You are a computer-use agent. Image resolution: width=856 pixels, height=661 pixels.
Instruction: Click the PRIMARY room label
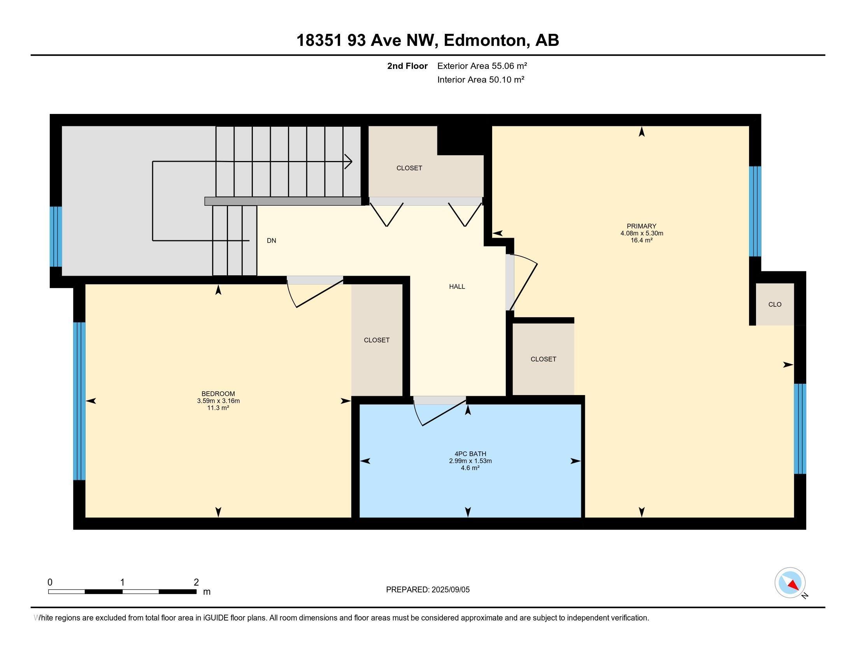pyautogui.click(x=641, y=226)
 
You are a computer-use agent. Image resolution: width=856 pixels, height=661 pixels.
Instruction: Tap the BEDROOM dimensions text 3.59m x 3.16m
pyautogui.click(x=218, y=400)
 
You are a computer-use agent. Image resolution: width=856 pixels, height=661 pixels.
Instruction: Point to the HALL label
pyautogui.click(x=457, y=287)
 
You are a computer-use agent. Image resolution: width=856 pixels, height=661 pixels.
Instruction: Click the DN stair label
pyautogui.click(x=271, y=241)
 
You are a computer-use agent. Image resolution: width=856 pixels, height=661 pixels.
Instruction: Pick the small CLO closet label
pyautogui.click(x=774, y=304)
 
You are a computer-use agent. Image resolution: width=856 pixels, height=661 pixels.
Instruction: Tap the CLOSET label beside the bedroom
pyautogui.click(x=376, y=340)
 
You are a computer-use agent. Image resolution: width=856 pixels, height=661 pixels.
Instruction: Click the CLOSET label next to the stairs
pyautogui.click(x=409, y=168)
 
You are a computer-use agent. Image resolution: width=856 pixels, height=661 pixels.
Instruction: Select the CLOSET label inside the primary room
pyautogui.click(x=543, y=359)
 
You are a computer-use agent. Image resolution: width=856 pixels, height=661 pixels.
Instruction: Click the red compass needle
pyautogui.click(x=793, y=585)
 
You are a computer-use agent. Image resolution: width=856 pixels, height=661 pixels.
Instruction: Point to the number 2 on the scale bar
pyautogui.click(x=196, y=582)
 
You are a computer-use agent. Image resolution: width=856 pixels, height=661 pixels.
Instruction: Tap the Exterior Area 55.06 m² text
pyautogui.click(x=482, y=66)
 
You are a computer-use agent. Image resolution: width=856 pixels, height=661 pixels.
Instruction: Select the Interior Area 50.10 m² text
pyautogui.click(x=481, y=79)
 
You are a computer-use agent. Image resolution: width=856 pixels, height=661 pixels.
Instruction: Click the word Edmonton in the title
pyautogui.click(x=484, y=40)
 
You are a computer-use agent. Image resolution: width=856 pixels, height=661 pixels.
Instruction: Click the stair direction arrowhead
pyautogui.click(x=348, y=161)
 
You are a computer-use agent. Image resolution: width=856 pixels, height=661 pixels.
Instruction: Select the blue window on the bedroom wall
pyautogui.click(x=79, y=400)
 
